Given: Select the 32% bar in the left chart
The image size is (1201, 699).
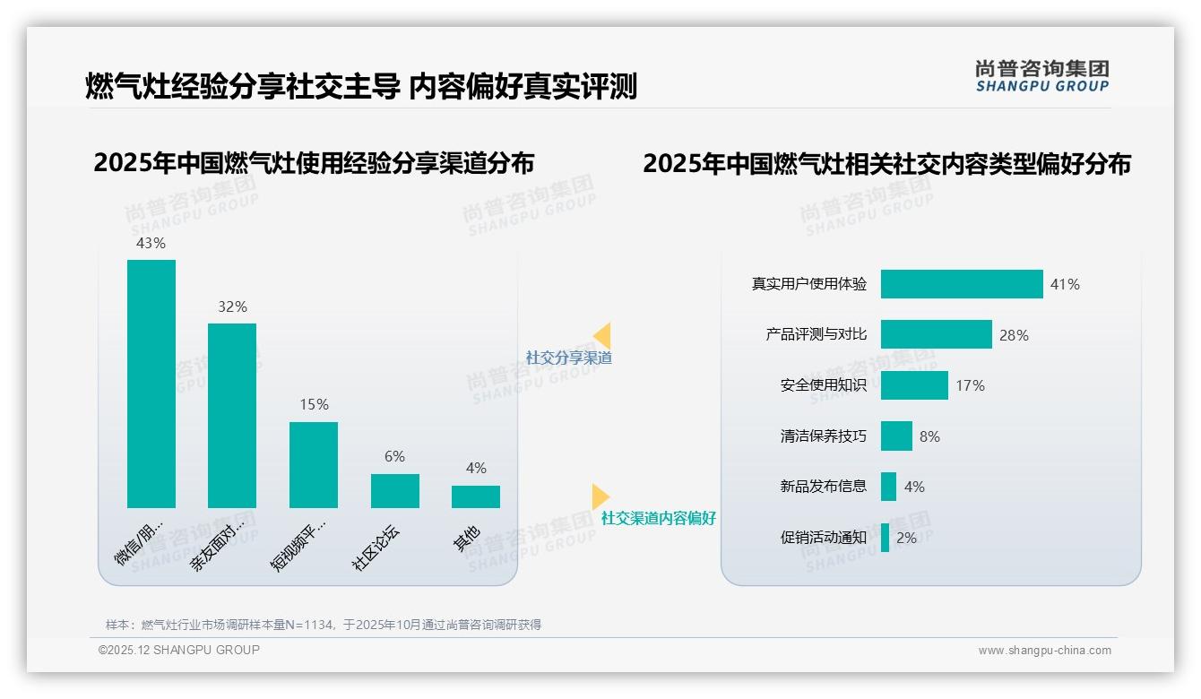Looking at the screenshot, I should pyautogui.click(x=232, y=416).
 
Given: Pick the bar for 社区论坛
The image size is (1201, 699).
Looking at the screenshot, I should pyautogui.click(x=395, y=491).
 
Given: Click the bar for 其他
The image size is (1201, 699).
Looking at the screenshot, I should pyautogui.click(x=476, y=496).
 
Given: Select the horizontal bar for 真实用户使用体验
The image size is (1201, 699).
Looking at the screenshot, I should pyautogui.click(x=962, y=284).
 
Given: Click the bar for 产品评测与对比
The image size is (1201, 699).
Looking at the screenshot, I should pyautogui.click(x=936, y=334).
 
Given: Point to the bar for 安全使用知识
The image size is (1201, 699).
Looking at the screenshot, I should pyautogui.click(x=914, y=385).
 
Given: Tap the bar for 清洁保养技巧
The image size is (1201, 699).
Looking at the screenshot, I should pyautogui.click(x=896, y=436).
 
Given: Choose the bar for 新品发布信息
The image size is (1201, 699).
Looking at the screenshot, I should pyautogui.click(x=888, y=487).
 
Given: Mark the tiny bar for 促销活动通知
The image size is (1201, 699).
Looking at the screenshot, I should pyautogui.click(x=885, y=538).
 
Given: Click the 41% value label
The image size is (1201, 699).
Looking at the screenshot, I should pyautogui.click(x=1065, y=285).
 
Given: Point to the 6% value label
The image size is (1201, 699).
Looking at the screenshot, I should pyautogui.click(x=395, y=457).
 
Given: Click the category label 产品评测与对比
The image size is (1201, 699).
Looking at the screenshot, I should pyautogui.click(x=816, y=334).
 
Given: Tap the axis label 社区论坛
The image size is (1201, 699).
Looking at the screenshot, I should pyautogui.click(x=376, y=547).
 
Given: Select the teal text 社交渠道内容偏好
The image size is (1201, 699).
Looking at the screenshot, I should pyautogui.click(x=658, y=518).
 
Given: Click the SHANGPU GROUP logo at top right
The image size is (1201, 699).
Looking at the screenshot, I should pyautogui.click(x=1041, y=76).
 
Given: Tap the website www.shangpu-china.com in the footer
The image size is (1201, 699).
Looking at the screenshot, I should pyautogui.click(x=1044, y=651).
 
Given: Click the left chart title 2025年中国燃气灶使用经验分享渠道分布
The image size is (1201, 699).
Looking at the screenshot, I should pyautogui.click(x=314, y=164).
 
